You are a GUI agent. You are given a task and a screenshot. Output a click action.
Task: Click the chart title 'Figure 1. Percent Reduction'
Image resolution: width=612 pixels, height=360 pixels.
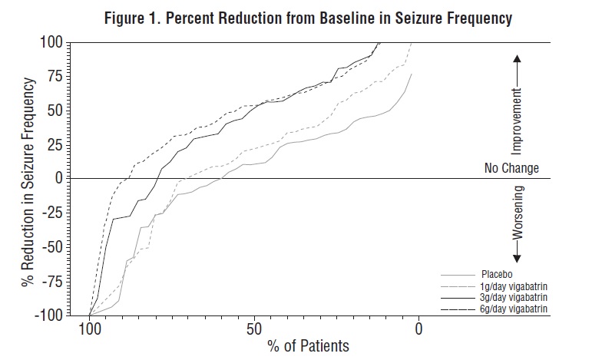305,16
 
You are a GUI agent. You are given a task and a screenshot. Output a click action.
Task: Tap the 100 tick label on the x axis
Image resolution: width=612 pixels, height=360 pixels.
91,329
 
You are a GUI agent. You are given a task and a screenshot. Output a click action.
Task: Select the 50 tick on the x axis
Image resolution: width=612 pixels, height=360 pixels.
254,329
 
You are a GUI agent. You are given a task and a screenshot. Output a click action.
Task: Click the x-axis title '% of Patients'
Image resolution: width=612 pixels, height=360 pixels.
307,346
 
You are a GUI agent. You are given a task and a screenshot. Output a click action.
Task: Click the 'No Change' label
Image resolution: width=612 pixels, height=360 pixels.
511,168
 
